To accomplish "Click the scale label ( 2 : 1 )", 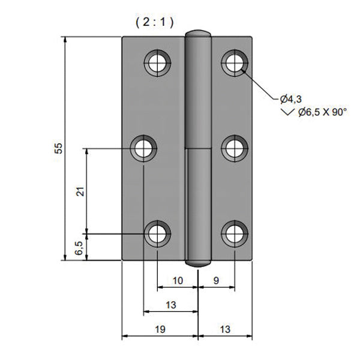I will click(154, 23).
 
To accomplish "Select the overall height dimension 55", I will click(59, 149).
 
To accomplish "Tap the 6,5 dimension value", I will click(79, 247).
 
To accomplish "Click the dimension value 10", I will click(178, 280).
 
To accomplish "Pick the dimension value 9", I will click(216, 280).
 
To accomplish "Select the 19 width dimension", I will click(160, 329).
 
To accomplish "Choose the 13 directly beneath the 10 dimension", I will click(170, 305).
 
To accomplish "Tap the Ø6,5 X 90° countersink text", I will click(322, 112).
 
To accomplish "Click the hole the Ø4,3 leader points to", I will click(234, 61).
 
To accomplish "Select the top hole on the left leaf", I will click(158, 61).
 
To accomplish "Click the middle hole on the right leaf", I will click(234, 148).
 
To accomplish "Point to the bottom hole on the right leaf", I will click(234, 234).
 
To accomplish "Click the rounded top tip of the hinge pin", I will click(198, 34).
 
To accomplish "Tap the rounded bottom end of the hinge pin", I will click(198, 262).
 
